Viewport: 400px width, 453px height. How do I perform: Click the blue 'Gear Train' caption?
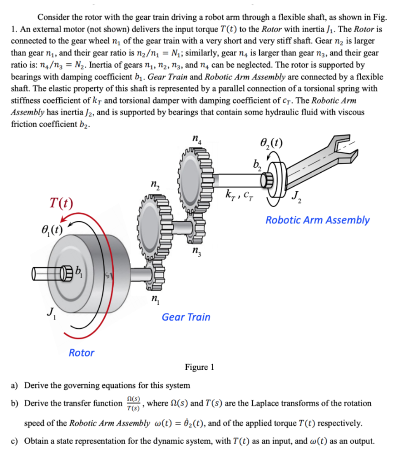(186, 317)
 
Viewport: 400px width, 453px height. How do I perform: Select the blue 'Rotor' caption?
(81, 353)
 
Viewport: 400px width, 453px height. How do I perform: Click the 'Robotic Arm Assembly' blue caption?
(317, 220)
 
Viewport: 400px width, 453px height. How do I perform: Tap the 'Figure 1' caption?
(200, 367)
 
